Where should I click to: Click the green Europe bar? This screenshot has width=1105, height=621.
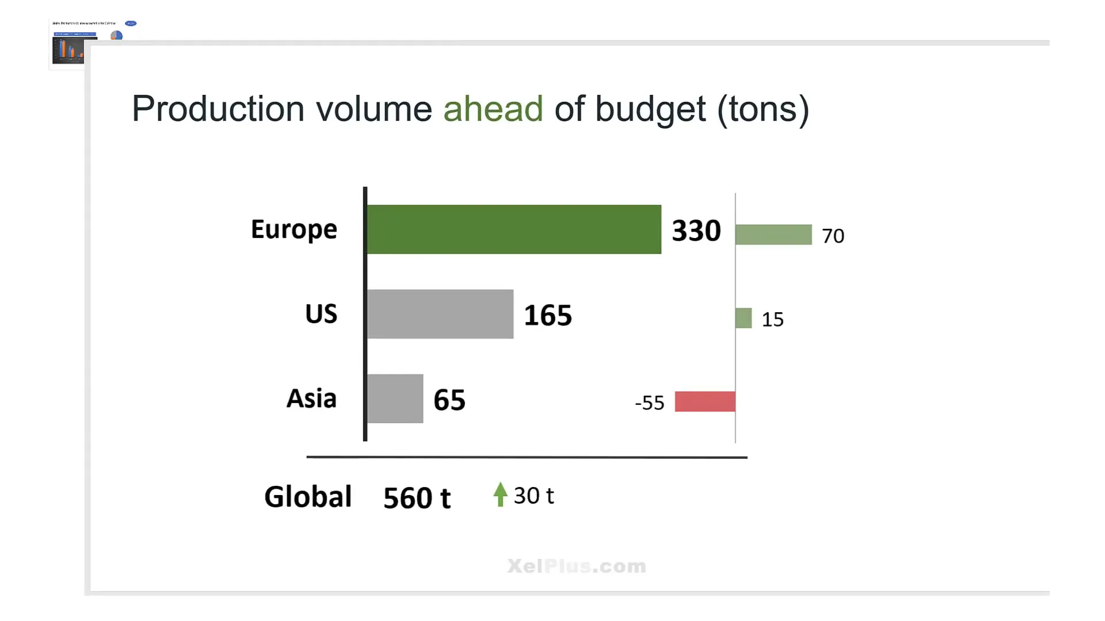click(514, 229)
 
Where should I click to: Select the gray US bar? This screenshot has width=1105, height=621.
click(440, 314)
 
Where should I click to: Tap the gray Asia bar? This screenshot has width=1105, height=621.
click(395, 398)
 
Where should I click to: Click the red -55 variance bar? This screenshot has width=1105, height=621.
click(705, 401)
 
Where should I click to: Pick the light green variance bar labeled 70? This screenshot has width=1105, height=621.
click(773, 235)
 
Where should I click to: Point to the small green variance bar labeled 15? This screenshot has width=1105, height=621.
click(744, 318)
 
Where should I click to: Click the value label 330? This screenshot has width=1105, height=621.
click(696, 231)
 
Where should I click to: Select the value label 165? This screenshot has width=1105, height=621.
click(548, 315)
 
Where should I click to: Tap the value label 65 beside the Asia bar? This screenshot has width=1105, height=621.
click(449, 400)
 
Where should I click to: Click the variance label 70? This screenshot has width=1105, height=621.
click(833, 236)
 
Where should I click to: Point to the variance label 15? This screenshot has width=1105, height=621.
click(772, 320)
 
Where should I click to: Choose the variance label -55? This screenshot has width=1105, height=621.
click(650, 402)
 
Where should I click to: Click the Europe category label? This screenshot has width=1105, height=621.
click(294, 229)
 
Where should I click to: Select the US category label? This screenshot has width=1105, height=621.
click(321, 314)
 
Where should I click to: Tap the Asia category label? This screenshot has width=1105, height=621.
click(311, 398)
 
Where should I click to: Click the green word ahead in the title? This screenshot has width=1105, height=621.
click(493, 109)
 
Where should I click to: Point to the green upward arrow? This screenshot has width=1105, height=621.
click(500, 494)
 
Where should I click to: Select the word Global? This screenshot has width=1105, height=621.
click(308, 497)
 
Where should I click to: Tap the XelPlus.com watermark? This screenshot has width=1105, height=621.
click(577, 566)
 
